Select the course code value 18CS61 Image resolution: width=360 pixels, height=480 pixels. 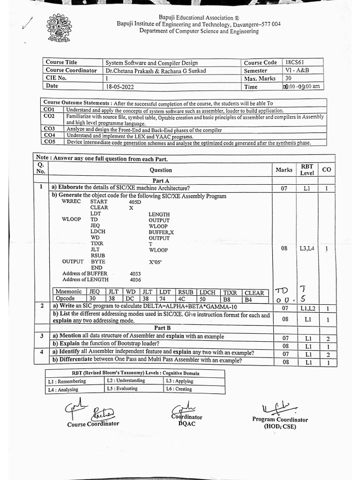(295, 62)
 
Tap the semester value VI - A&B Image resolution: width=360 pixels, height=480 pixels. (298, 70)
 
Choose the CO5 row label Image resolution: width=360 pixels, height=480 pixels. (49, 142)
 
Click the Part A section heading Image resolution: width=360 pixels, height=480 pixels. (160, 180)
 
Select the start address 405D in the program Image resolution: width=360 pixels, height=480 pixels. (135, 202)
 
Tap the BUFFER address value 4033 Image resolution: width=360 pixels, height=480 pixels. (135, 274)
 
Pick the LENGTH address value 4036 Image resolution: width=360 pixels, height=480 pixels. (135, 280)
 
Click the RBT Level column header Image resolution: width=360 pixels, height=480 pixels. (307, 170)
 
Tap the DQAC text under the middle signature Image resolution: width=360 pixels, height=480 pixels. (185, 424)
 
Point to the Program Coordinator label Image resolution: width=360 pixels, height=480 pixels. (280, 420)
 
